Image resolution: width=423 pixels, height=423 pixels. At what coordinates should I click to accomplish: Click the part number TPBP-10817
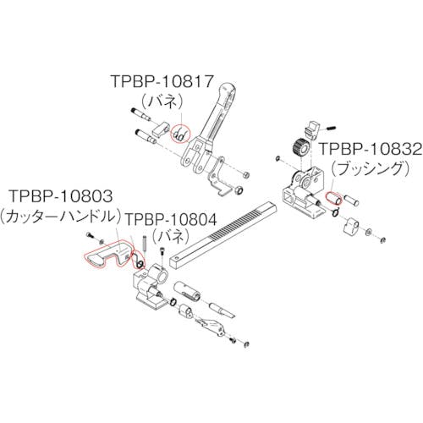click(x=162, y=81)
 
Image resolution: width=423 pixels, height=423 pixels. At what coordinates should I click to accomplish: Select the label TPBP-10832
click(x=371, y=149)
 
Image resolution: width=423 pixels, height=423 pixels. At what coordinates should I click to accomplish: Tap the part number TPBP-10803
click(x=61, y=195)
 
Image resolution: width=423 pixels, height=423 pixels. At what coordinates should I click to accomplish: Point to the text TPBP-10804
click(x=171, y=219)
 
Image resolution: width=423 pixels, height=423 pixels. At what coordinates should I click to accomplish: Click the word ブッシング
click(x=370, y=169)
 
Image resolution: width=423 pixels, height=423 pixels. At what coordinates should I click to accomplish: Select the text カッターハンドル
click(x=61, y=217)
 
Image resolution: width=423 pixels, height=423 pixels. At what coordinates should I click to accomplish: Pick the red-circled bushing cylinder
click(x=333, y=198)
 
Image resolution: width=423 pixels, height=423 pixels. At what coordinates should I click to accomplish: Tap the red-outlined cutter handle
click(x=107, y=253)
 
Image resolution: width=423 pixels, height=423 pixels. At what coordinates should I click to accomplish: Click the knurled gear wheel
click(x=301, y=147)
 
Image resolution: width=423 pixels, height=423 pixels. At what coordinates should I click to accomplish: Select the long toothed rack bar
click(x=223, y=234)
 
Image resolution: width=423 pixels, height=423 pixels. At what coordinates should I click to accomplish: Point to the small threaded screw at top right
click(x=328, y=129)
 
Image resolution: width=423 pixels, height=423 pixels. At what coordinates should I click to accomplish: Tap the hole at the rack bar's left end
click(x=177, y=257)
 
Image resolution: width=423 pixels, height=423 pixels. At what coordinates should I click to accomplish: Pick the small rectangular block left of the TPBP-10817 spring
click(x=161, y=129)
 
